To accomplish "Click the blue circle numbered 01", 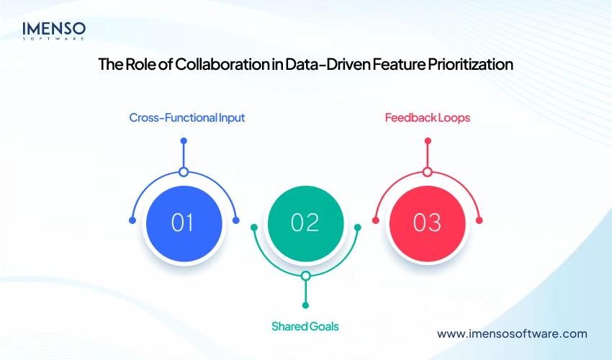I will coord(183,222).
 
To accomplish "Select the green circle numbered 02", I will coord(305,222).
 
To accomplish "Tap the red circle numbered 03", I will coord(427,222).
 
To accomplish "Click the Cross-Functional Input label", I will coord(187,117).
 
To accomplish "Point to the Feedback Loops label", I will coord(428,117).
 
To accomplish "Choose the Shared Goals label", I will coord(305,326).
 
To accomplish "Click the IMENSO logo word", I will coord(54,28).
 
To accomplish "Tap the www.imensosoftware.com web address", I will coord(513,333).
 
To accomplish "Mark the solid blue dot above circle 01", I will coord(184,141).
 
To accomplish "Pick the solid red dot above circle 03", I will coord(428,141).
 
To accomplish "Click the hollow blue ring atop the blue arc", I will coord(184,172).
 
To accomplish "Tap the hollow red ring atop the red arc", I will coord(428,172).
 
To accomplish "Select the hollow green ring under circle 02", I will coord(305,276).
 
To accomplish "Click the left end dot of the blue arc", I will coord(131,220).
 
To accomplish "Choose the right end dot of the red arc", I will coord(480,220).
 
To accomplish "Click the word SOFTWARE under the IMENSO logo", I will coord(54,39).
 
